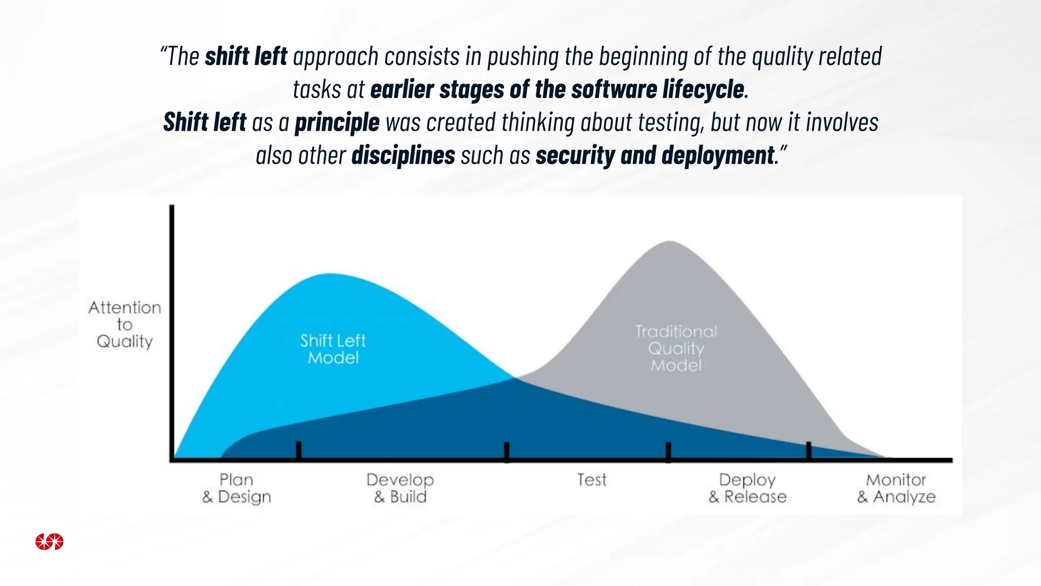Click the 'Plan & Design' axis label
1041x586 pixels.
click(236, 488)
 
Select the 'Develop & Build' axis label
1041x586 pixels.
click(400, 488)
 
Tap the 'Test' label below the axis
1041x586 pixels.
click(592, 480)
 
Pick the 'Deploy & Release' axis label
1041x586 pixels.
click(747, 488)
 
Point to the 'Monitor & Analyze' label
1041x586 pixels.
click(896, 488)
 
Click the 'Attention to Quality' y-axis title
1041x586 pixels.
click(125, 324)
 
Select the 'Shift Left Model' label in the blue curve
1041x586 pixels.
click(333, 349)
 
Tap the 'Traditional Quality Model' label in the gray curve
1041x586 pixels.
click(676, 348)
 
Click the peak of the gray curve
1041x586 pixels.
click(669, 242)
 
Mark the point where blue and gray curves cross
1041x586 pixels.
click(515, 378)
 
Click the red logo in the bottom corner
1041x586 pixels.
click(49, 542)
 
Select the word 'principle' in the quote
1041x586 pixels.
click(337, 123)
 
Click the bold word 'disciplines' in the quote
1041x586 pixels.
click(403, 156)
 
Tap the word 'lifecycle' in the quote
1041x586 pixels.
click(703, 90)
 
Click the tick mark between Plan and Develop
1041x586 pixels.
click(298, 450)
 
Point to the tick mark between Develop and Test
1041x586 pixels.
click(506, 451)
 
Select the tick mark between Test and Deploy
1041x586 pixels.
click(668, 451)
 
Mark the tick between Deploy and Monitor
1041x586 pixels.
click(808, 451)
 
